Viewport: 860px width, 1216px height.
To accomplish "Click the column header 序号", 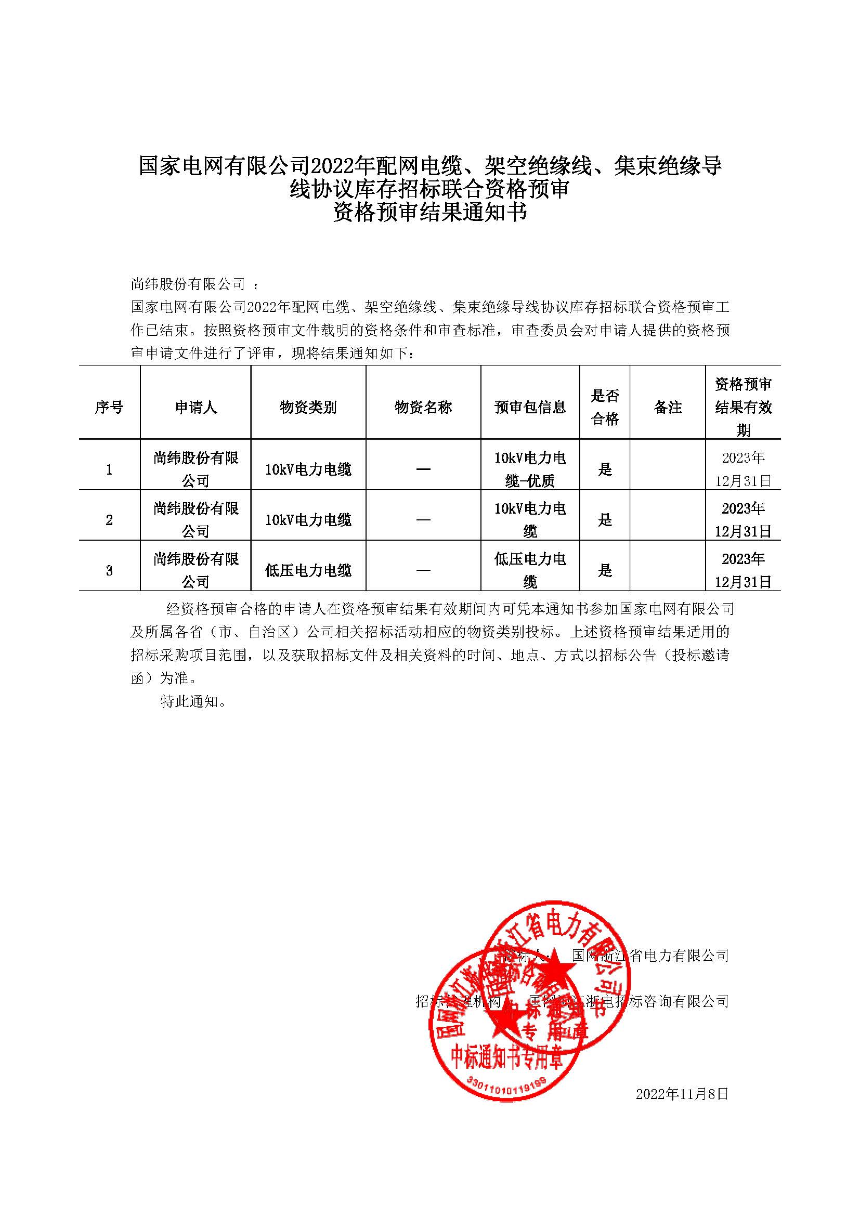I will (109, 407).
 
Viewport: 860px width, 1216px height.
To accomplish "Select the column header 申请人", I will (196, 407).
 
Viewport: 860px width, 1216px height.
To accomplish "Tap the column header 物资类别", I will (308, 407).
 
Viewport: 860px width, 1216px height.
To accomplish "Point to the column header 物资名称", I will (423, 407).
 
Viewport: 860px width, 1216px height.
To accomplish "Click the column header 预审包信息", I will (530, 407).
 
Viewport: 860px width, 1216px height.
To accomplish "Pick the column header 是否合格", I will (605, 407).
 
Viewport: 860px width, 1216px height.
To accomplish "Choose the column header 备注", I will (668, 407).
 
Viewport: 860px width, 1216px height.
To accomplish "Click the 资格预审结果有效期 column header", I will (743, 407).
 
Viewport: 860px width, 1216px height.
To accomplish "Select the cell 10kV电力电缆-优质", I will (530, 469).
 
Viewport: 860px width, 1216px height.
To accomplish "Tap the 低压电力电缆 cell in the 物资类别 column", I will (308, 570).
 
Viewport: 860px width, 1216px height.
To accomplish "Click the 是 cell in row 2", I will (605, 520).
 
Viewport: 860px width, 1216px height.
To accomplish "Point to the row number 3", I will (109, 570).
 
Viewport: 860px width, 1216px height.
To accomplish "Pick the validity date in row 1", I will (743, 469).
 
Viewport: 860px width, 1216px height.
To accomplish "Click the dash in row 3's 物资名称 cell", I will (423, 570).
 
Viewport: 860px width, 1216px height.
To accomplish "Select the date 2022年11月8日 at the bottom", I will (682, 1094).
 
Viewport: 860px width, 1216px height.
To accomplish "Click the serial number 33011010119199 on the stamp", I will (506, 1082).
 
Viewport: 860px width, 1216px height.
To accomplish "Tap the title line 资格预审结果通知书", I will (430, 213).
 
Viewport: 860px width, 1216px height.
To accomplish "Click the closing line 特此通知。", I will (194, 702).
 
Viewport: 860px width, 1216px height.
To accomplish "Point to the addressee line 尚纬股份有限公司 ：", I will (194, 284).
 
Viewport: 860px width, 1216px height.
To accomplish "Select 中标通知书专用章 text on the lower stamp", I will (506, 1057).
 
